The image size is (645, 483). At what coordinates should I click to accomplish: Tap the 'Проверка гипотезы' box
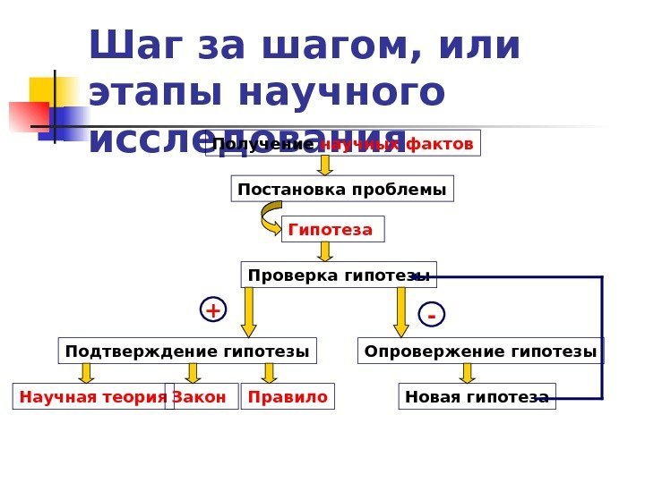(339, 275)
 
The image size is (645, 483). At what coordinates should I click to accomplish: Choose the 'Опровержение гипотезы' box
(481, 352)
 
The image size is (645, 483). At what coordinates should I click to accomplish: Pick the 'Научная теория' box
(93, 396)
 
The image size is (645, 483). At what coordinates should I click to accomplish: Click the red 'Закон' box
(204, 396)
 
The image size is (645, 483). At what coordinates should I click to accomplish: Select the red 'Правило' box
(288, 396)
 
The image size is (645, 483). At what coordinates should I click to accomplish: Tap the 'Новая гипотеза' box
(477, 396)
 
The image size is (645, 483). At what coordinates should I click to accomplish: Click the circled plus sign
(213, 310)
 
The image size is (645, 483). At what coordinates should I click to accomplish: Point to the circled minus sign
(431, 317)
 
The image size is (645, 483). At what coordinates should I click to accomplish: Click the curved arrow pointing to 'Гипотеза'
(270, 216)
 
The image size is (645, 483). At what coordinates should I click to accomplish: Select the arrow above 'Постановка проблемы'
(325, 165)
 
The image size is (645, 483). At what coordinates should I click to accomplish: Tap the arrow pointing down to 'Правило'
(269, 374)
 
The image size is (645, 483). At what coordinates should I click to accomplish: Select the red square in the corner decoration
(27, 116)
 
